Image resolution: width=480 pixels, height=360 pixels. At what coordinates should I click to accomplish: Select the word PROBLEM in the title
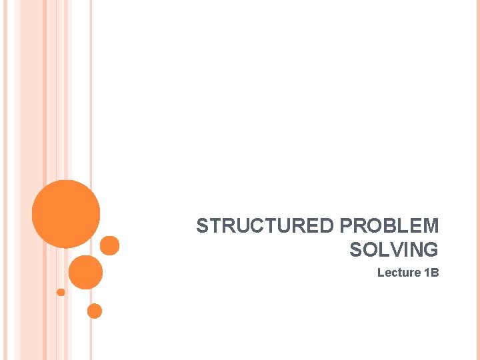pos(389,226)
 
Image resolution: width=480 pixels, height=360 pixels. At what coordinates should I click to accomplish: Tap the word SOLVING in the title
pos(393,250)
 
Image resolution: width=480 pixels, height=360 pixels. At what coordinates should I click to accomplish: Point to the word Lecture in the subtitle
pos(399,273)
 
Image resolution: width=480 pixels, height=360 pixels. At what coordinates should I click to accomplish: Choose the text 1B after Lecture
pos(431,273)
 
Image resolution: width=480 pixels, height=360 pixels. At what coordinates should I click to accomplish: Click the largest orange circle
pos(66,214)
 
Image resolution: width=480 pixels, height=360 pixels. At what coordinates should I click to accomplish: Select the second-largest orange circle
pos(85,272)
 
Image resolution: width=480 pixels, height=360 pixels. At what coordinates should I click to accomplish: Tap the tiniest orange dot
pos(61,292)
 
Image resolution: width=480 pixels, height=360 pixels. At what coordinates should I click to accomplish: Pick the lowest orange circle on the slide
pos(95,311)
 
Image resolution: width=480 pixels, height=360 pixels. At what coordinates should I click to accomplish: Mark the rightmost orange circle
pos(110,245)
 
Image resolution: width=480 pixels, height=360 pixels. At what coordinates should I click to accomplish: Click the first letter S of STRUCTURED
pos(203,226)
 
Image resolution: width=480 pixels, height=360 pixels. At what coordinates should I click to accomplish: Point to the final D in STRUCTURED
pos(329,226)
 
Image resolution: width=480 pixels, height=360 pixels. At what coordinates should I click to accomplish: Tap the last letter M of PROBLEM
pos(430,226)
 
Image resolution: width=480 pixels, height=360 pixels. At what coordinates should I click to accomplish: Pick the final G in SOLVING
pos(431,250)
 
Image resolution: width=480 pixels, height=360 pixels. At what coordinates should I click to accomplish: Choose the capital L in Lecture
pos(381,273)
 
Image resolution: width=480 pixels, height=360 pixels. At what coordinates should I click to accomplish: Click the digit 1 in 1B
pos(427,273)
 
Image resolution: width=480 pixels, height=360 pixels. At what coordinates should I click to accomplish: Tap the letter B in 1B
pos(435,273)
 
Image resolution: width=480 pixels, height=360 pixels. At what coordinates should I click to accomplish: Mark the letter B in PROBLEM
pos(389,226)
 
